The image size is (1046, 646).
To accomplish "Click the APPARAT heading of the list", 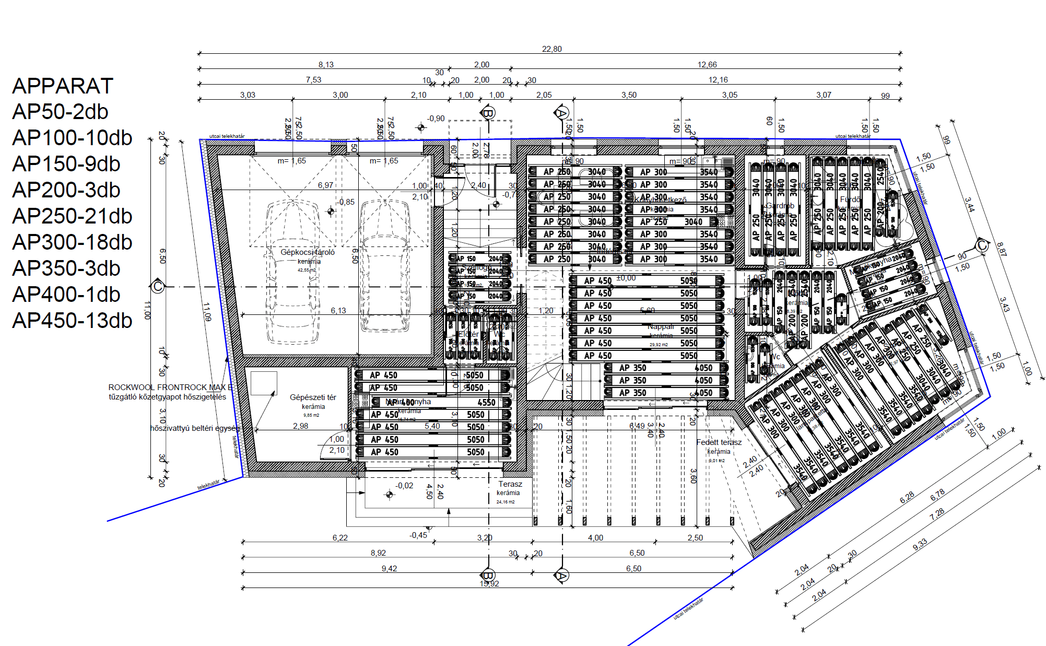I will coord(63,86).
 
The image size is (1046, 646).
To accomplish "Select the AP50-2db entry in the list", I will coord(60,112).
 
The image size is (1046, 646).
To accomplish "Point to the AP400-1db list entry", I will coord(66,295).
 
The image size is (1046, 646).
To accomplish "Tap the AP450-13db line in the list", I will coord(72,321).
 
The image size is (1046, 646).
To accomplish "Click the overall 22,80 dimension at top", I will coord(551,49).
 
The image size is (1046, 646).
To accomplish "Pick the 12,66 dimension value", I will coord(707,65).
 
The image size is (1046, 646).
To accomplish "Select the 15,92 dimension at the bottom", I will coord(489,584).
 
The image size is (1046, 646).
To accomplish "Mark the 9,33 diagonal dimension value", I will coord(920,544).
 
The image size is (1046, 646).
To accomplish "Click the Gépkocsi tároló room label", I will coord(308,252).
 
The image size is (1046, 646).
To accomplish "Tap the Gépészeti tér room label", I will coord(313,397).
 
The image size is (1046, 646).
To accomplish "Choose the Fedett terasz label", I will coord(719,442).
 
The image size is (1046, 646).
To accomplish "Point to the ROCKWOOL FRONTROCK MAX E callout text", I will coord(170,387).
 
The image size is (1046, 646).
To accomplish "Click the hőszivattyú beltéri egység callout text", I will coord(195,428).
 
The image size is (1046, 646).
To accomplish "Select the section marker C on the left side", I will coord(158,287).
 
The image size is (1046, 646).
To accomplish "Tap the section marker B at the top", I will coord(488,113).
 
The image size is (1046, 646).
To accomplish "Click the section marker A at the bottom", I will coord(561,575).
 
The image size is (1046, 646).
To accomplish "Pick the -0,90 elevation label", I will coord(436,119).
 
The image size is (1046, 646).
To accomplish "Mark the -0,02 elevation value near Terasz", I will coord(404,486).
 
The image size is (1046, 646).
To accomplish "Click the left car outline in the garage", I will coord(292,272).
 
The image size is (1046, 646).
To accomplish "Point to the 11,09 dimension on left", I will coord(207,311).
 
